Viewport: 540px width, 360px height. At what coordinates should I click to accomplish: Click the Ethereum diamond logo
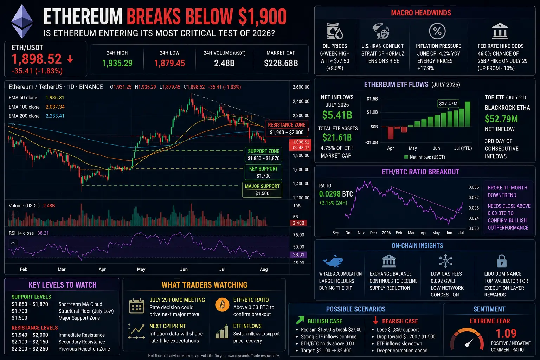[x=22, y=21]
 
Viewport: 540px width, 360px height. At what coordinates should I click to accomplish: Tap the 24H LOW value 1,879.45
[x=169, y=63]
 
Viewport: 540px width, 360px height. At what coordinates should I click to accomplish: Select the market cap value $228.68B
[x=281, y=63]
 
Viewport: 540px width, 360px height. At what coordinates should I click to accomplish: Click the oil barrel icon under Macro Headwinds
[x=335, y=31]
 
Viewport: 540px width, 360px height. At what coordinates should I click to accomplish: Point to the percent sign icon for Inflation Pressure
[x=437, y=31]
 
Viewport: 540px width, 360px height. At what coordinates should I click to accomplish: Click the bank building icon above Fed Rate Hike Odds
[x=500, y=31]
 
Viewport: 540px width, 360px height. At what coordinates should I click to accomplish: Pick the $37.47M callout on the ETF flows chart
[x=448, y=104]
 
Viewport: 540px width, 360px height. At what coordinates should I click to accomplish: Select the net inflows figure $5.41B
[x=337, y=115]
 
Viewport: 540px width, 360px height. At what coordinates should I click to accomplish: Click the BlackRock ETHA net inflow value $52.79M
[x=501, y=119]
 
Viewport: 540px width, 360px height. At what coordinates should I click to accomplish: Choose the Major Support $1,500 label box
[x=262, y=190]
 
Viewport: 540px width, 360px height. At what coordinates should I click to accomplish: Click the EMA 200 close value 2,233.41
[x=55, y=116]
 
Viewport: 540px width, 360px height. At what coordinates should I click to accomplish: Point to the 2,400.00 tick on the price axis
[x=301, y=101]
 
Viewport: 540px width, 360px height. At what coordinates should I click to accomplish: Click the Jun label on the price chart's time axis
[x=184, y=269]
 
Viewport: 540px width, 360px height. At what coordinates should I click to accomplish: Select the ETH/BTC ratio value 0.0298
[x=330, y=194]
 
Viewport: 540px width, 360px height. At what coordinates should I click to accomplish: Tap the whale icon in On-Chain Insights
[x=333, y=261]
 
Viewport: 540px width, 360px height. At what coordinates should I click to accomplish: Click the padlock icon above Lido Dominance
[x=502, y=261]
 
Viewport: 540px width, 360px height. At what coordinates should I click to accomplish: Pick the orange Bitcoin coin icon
[x=222, y=304]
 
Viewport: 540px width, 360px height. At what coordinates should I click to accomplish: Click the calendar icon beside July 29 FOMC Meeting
[x=137, y=306]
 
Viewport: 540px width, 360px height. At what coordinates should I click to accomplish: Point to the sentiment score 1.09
[x=506, y=334]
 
